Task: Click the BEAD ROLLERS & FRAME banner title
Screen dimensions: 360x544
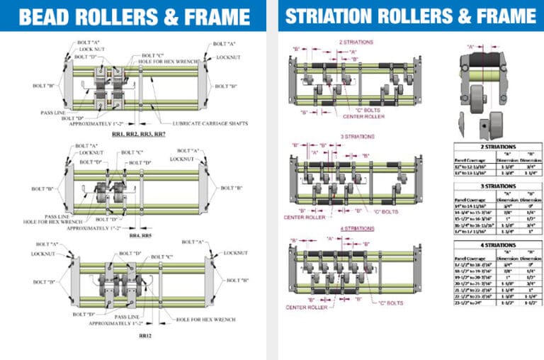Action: pos(134,16)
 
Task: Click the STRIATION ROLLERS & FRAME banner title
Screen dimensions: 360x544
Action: pos(410,16)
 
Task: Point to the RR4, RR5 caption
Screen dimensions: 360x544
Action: pos(140,235)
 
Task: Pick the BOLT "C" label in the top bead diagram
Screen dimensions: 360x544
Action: pos(152,55)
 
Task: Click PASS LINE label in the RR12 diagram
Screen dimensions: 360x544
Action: pos(127,316)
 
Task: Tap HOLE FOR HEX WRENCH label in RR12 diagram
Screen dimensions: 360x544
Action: pos(205,320)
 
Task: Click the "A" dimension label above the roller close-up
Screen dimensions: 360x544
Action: pos(470,47)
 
